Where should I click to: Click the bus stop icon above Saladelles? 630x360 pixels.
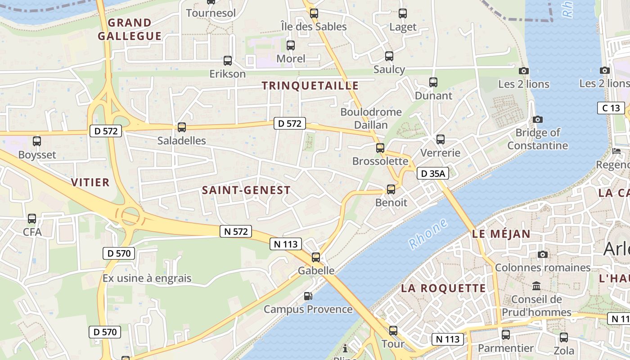[182, 127]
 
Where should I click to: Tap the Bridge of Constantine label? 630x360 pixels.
[538, 139]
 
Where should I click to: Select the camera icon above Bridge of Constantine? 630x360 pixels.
[537, 119]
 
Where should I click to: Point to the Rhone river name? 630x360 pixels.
[428, 234]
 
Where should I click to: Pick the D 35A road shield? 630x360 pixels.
[433, 173]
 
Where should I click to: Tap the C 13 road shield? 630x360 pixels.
[611, 108]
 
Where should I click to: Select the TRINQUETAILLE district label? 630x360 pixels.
[310, 85]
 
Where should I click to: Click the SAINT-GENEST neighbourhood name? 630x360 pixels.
[246, 190]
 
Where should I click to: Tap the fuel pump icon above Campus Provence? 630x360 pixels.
[308, 296]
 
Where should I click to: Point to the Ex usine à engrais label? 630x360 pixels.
[147, 278]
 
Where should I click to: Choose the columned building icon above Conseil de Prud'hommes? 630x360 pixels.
[536, 286]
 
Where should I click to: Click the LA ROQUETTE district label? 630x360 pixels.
[443, 288]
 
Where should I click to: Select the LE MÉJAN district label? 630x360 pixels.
[501, 234]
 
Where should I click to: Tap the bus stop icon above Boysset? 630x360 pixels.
[37, 141]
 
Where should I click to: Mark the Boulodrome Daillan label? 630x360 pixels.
[371, 118]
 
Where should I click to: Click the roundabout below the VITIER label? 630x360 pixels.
[130, 216]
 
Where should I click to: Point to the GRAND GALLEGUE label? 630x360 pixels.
[130, 29]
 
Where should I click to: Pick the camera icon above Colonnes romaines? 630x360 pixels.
[543, 255]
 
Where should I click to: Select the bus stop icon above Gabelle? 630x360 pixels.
[316, 257]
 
